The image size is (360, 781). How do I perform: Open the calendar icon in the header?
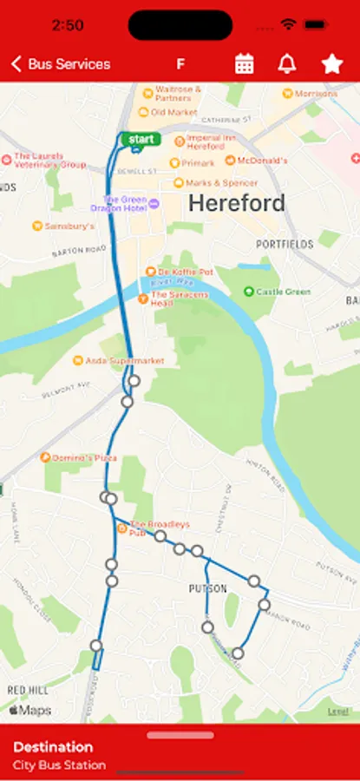(x=245, y=63)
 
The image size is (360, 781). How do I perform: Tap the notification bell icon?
(x=286, y=63)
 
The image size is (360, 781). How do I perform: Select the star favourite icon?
(x=331, y=63)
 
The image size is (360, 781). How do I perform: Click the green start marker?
(x=140, y=139)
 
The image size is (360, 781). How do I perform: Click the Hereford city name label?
(x=236, y=204)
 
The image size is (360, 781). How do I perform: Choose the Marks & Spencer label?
(x=220, y=183)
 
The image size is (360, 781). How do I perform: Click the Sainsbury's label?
(x=69, y=226)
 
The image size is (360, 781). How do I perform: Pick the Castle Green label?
(x=282, y=292)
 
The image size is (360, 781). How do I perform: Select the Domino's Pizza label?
(x=85, y=457)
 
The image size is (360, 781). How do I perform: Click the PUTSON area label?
(x=207, y=588)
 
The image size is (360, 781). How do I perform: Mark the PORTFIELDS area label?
(x=284, y=245)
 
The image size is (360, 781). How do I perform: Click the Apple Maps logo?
(x=30, y=711)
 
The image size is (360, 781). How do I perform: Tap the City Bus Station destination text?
(x=59, y=765)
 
